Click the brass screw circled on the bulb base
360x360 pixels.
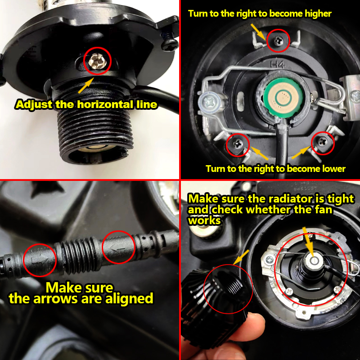[97, 62]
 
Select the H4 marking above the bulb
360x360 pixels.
[278, 64]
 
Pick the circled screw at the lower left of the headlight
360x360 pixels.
[238, 144]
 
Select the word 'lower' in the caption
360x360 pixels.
[334, 169]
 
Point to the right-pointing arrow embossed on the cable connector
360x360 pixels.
[40, 260]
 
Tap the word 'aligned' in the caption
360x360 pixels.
[129, 298]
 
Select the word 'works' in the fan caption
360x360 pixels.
[204, 220]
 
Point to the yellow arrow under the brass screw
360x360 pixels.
[86, 85]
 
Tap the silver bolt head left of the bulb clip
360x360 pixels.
[208, 101]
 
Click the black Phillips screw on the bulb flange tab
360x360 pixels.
[170, 44]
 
